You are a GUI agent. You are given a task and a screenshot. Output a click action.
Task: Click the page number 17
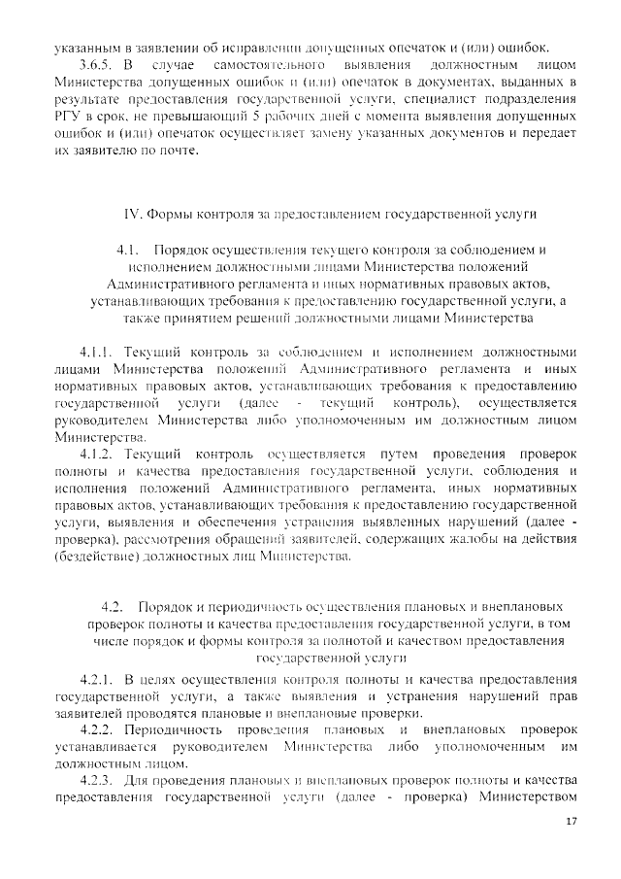tap(571, 822)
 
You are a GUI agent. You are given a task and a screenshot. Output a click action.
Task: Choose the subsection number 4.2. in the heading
tap(116, 605)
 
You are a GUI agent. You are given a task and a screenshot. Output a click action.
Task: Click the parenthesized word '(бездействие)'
tap(101, 557)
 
